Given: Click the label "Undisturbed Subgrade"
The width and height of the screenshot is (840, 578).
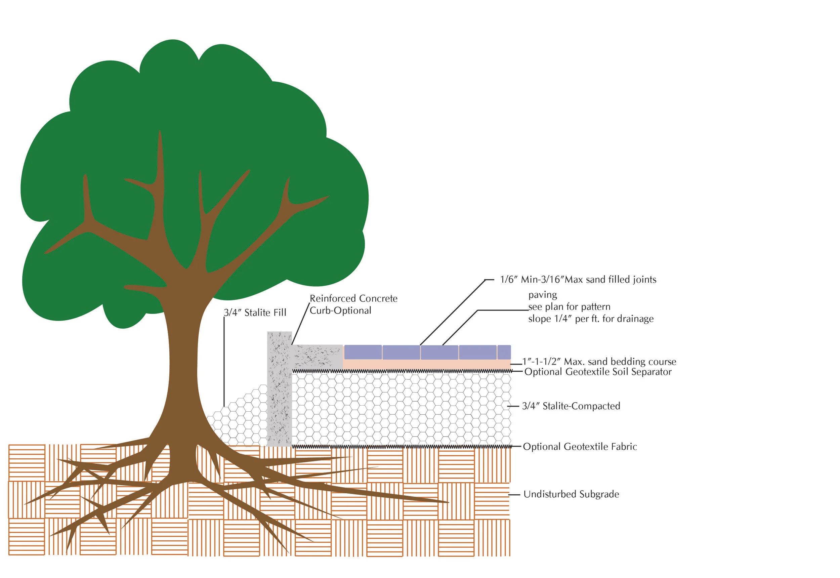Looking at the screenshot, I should (571, 494).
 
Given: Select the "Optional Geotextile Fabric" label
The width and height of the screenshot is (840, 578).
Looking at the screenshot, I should (580, 447).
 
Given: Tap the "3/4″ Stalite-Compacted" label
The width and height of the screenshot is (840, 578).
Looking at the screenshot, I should (571, 406).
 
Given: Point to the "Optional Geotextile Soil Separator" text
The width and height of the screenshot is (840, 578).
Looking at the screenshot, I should (598, 372).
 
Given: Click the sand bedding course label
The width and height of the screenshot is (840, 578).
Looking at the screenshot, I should (599, 362).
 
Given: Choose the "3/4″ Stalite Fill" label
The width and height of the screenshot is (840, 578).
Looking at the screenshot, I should (255, 313).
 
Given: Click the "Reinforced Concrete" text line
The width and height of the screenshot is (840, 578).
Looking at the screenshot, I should (353, 298).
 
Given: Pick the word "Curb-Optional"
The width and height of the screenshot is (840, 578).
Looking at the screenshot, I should (340, 311).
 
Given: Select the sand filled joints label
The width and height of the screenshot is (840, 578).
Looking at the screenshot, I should (578, 280).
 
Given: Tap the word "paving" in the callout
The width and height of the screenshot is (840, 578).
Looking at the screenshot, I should (542, 295).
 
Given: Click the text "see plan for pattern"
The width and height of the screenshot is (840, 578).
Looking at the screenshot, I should (569, 307).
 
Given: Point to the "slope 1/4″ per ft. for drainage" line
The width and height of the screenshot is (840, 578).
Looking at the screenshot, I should (591, 319).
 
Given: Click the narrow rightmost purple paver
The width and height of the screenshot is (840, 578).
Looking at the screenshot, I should (504, 352).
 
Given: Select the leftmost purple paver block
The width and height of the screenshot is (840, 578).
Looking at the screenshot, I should (363, 352).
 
